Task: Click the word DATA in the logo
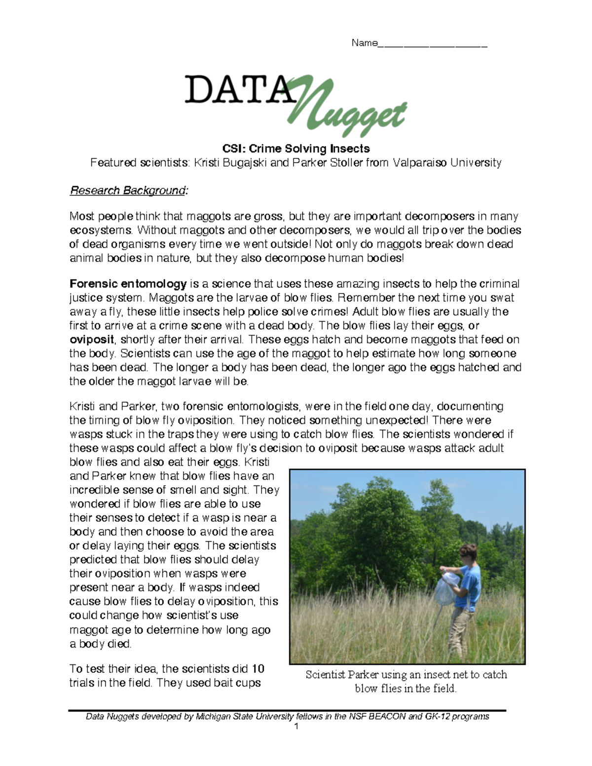[x=237, y=90]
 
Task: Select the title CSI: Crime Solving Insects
[x=296, y=148]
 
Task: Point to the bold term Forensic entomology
[x=128, y=284]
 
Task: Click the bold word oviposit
[x=92, y=340]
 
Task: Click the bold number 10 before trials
[x=258, y=669]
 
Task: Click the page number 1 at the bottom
[x=296, y=727]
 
